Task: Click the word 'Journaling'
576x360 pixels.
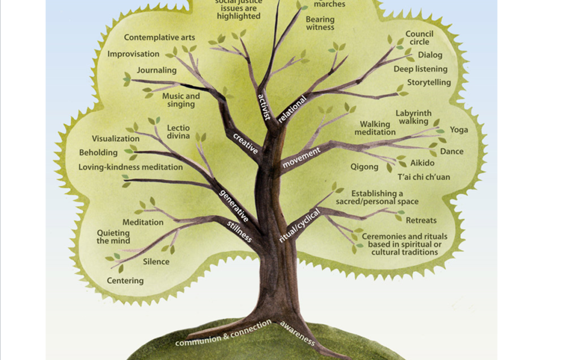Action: click(156, 70)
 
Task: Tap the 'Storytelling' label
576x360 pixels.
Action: click(429, 83)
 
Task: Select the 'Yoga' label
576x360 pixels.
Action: click(459, 130)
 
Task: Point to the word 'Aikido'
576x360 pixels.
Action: click(422, 163)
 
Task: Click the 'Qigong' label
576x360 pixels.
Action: click(364, 167)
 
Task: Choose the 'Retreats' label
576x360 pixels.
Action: click(421, 220)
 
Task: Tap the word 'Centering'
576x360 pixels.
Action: click(125, 281)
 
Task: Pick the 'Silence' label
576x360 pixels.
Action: click(156, 262)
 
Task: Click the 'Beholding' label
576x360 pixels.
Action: click(98, 153)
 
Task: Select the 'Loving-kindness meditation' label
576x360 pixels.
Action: click(131, 167)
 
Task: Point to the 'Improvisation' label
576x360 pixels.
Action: click(133, 54)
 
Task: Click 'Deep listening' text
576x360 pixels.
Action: click(420, 69)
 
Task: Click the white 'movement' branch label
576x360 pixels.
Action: click(301, 158)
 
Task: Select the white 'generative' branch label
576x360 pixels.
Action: click(234, 206)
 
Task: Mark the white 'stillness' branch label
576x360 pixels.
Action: click(240, 230)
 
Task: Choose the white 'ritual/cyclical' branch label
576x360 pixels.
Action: click(299, 226)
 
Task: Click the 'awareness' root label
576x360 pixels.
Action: click(298, 333)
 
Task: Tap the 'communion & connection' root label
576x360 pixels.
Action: click(223, 333)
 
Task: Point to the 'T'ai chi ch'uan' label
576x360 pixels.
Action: click(423, 177)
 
